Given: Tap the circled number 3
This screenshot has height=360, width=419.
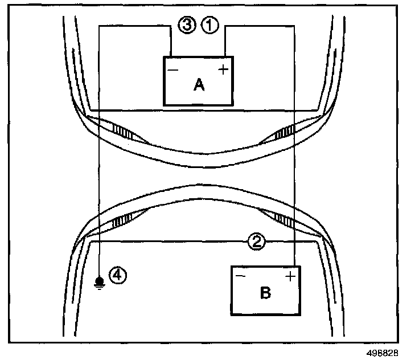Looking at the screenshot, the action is click(187, 25).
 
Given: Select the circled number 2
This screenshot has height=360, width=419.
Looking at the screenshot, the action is click(257, 242).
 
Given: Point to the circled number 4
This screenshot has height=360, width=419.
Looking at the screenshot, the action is click(117, 276).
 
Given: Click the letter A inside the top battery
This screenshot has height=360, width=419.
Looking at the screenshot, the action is click(199, 85).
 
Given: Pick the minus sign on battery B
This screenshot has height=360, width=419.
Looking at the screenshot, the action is click(240, 277).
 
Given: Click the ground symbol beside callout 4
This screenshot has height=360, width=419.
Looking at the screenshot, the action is click(99, 281).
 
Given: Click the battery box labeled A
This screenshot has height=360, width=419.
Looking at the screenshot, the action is click(198, 81).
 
